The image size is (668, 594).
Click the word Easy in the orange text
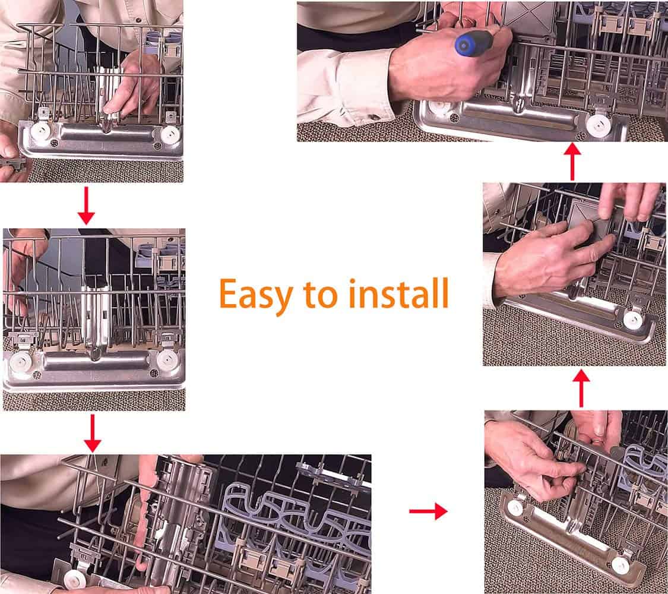point(255,295)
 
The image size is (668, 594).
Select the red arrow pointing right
point(428,511)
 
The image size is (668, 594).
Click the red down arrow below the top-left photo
point(86,206)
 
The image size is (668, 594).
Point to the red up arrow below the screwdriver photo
point(573,162)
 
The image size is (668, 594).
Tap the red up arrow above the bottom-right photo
point(581,388)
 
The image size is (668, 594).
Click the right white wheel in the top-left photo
point(170,134)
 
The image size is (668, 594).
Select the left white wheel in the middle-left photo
point(20,362)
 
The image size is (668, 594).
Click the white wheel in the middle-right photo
point(632,320)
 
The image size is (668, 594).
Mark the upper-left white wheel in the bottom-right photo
point(515,507)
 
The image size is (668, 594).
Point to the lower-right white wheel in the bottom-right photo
point(620,565)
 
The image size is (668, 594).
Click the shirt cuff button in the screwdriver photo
point(373,117)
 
